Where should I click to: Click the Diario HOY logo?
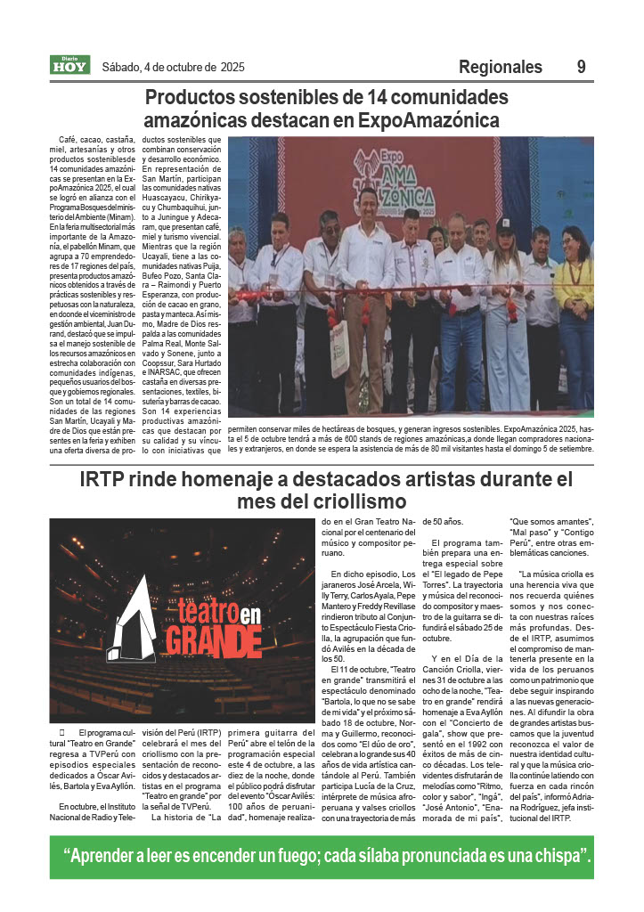pos(69,64)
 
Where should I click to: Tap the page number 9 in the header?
pos(581,67)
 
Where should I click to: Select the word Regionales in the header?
pos(500,67)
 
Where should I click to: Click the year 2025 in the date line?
pos(229,67)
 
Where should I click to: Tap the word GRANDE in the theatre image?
pos(193,640)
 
